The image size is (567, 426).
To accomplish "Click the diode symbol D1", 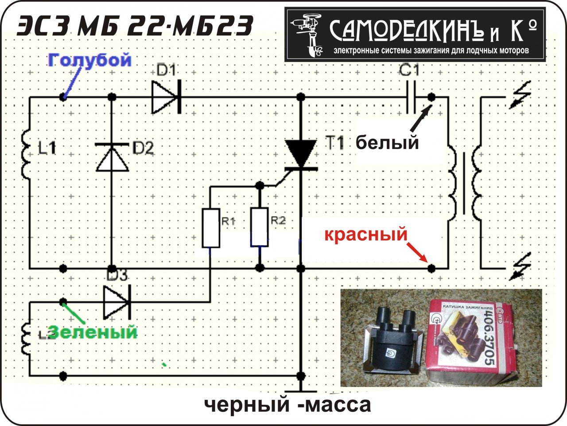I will tap(165, 97).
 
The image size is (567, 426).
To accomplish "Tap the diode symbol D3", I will tap(116, 303).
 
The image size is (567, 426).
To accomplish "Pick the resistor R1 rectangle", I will tap(210, 227).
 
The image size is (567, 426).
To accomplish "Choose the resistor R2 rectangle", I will tap(260, 227).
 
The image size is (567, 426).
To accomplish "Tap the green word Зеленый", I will tap(93, 332).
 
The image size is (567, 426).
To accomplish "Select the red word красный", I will tap(365, 234).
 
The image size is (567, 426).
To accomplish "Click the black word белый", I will tap(388, 143).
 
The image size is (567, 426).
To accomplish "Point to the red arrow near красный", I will tap(417, 251).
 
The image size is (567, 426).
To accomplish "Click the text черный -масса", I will tap(287, 404).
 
